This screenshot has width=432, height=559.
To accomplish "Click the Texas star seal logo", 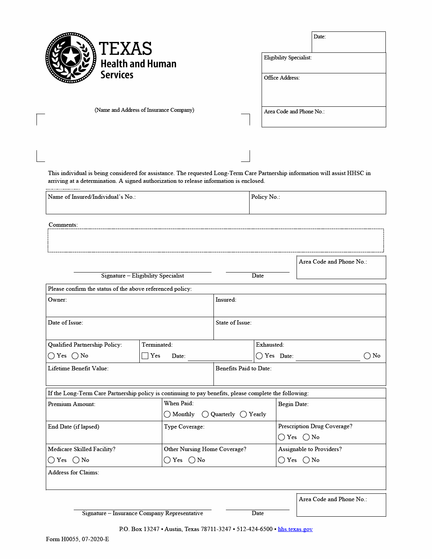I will (x=71, y=57).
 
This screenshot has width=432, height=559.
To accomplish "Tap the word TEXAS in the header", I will (x=125, y=49).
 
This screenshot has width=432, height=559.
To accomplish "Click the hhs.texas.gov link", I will (x=295, y=529).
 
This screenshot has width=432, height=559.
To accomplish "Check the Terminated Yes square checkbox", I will (x=145, y=356).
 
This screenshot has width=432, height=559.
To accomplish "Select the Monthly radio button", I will (x=167, y=414).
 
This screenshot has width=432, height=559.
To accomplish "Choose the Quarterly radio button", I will (x=205, y=414).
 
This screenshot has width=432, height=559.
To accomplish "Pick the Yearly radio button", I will (x=243, y=414).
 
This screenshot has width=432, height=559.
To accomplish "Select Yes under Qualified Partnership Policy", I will (x=51, y=356).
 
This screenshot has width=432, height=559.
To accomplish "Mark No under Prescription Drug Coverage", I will (x=306, y=437).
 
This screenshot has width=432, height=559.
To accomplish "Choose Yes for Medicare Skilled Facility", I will (x=51, y=460).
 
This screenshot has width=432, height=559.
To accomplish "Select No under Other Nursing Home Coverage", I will (x=192, y=460).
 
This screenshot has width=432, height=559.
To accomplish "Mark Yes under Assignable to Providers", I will (x=282, y=460).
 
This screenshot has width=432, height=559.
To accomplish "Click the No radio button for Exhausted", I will (x=367, y=356).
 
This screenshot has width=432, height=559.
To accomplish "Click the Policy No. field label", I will (x=265, y=197).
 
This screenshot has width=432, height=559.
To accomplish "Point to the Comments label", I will (x=63, y=225).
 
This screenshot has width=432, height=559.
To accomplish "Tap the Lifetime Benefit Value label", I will (x=78, y=368).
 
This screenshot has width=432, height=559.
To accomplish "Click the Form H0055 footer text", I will (x=77, y=539).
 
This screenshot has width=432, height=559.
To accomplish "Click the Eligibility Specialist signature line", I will (x=142, y=271).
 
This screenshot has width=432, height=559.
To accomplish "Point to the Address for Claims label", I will (x=73, y=472).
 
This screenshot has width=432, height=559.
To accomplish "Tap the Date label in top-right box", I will (x=319, y=36).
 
